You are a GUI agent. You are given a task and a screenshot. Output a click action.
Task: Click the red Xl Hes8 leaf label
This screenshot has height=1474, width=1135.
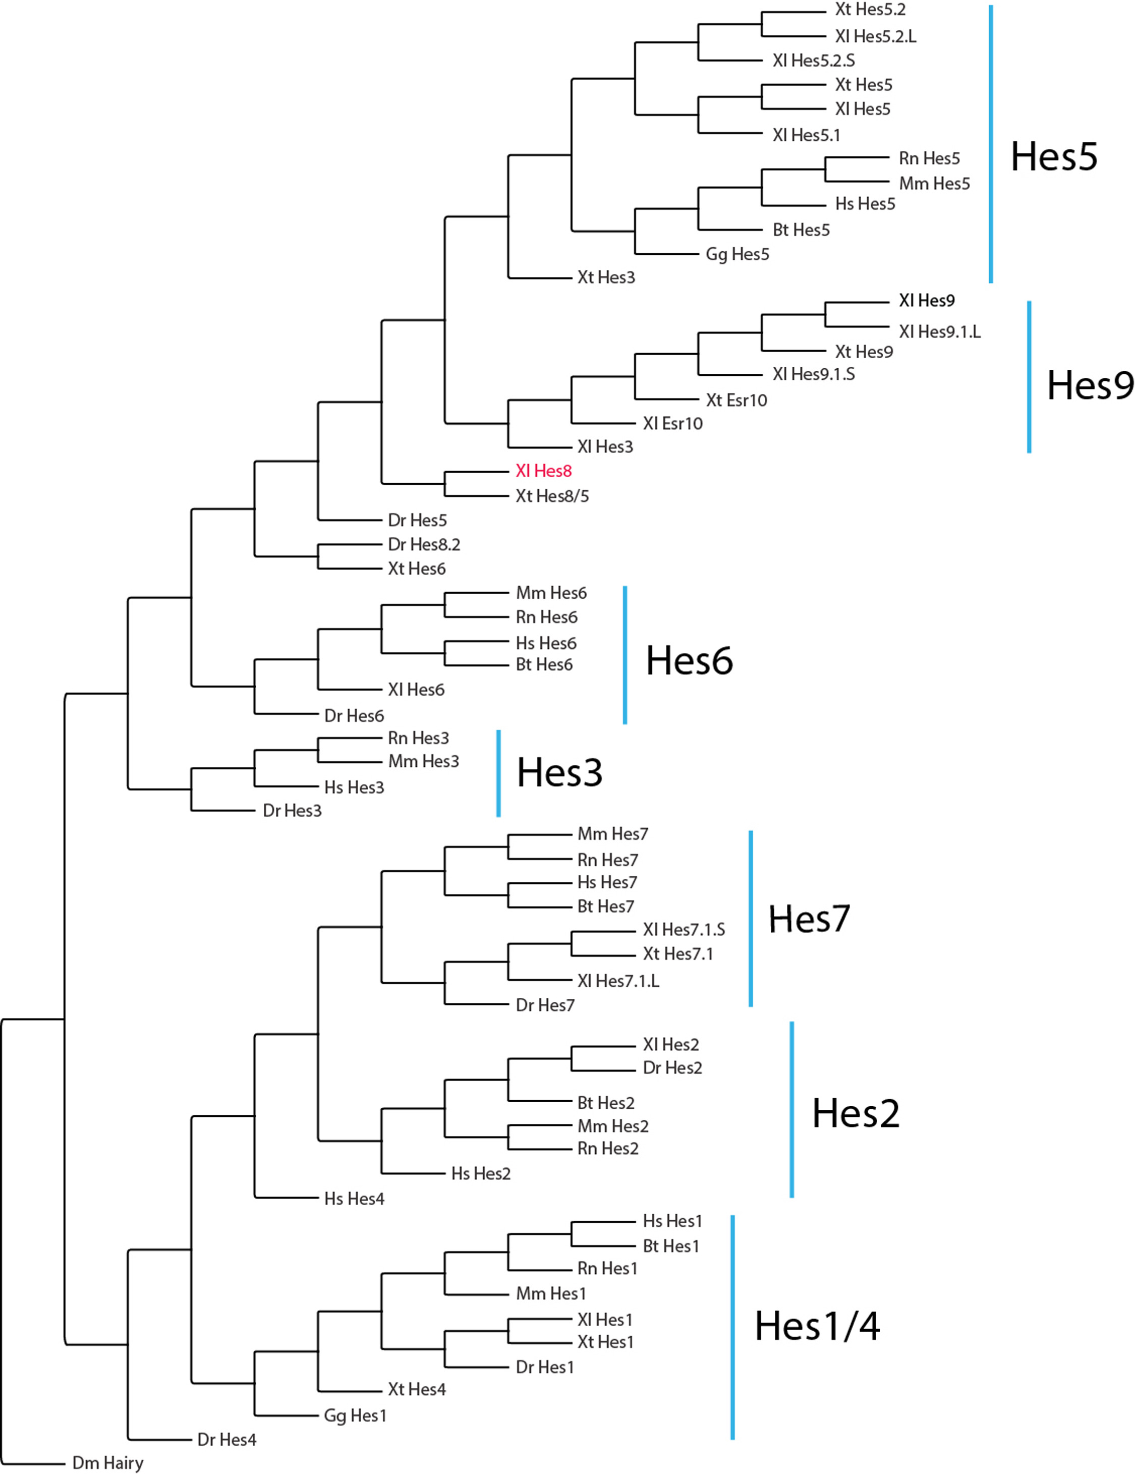click(543, 471)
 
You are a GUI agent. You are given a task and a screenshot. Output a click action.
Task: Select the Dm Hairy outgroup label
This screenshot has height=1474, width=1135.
click(108, 1462)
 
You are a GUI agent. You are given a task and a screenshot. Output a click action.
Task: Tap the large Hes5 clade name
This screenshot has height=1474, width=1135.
click(1053, 156)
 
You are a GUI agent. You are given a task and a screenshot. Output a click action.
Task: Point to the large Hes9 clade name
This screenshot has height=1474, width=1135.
click(1090, 385)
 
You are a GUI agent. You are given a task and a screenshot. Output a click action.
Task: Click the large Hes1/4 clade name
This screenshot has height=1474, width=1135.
click(817, 1326)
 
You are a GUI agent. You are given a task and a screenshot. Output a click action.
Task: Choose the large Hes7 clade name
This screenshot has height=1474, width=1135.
click(809, 919)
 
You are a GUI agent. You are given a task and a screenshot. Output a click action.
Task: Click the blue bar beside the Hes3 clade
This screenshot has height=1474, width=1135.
click(499, 773)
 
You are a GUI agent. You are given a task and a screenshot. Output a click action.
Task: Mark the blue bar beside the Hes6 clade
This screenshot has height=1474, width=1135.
click(625, 655)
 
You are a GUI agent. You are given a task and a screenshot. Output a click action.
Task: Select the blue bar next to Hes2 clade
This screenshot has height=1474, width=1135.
click(791, 1110)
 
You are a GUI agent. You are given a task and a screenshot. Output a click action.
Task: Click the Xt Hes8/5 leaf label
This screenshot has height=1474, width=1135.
click(552, 496)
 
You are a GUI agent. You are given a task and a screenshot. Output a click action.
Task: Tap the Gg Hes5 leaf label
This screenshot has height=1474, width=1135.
click(737, 254)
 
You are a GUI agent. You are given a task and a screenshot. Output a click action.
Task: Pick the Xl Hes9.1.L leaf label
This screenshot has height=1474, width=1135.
click(939, 331)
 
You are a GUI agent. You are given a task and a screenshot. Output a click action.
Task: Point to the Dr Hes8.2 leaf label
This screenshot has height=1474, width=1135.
click(424, 544)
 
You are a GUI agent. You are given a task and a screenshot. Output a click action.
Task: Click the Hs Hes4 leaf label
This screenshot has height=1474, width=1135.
click(354, 1199)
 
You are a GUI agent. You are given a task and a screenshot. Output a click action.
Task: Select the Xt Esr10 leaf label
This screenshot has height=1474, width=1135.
click(736, 400)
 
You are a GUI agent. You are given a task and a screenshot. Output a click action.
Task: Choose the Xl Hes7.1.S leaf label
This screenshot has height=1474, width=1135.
click(684, 929)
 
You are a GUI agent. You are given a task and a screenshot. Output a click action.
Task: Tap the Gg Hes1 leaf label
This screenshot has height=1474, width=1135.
click(355, 1415)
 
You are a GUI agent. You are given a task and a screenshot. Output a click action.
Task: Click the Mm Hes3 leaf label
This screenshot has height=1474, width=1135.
click(423, 761)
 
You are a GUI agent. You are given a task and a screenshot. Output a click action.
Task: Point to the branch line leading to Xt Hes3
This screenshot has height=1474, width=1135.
click(540, 277)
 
